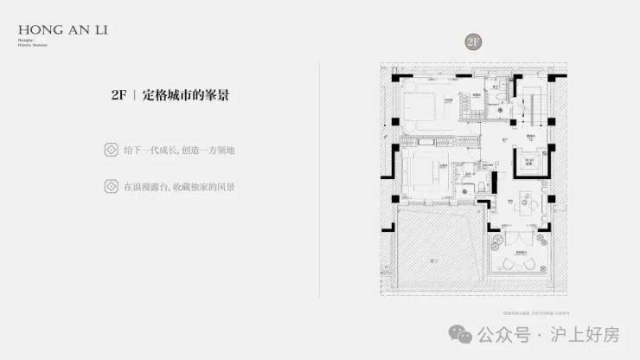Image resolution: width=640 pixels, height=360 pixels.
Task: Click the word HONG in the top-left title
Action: [31, 29]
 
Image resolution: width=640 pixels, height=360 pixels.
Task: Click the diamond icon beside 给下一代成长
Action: [110, 150]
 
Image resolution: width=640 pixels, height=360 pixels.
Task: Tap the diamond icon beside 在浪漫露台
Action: [110, 186]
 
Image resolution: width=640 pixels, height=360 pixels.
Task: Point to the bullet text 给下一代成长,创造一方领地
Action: [179, 150]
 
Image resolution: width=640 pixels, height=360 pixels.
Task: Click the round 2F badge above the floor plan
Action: [472, 42]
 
